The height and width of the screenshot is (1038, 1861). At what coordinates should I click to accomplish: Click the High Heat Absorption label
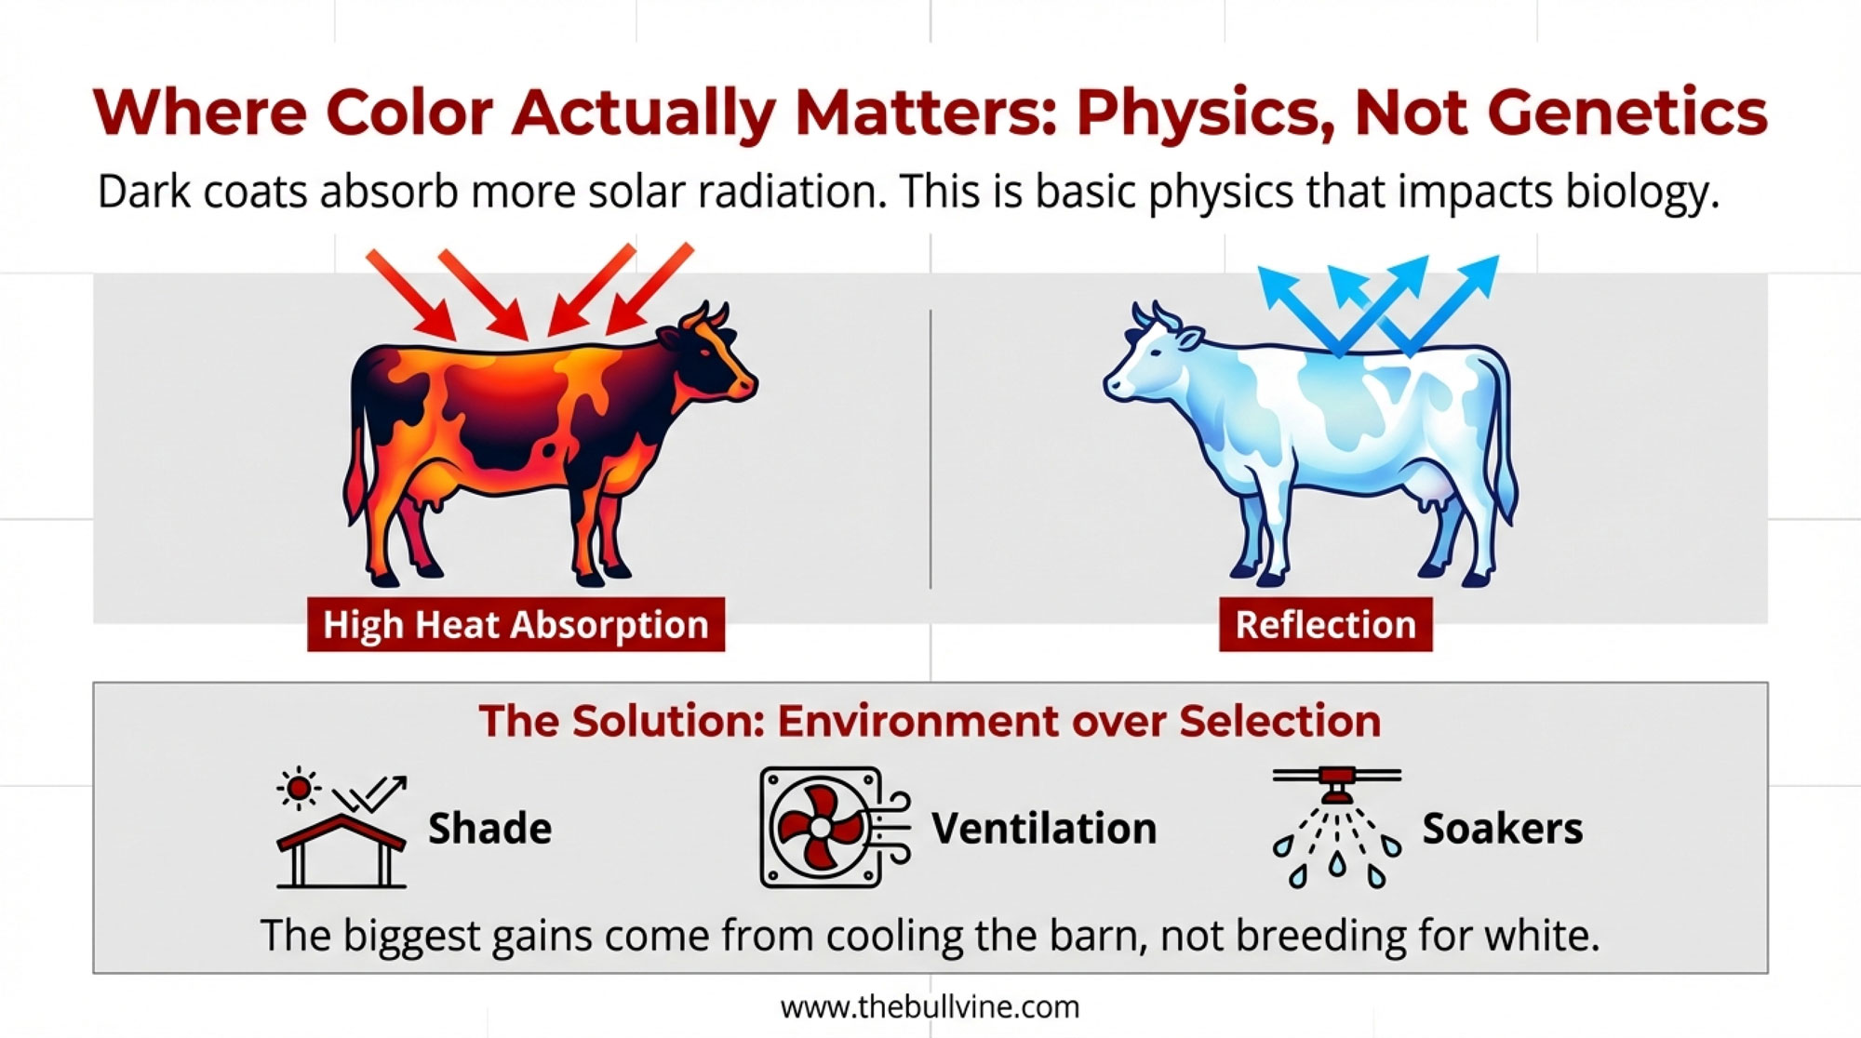click(515, 624)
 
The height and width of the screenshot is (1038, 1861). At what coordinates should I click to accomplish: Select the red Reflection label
click(1325, 624)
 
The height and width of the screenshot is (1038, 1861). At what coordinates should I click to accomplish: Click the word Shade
click(489, 828)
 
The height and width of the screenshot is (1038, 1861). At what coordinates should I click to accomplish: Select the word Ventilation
click(1044, 828)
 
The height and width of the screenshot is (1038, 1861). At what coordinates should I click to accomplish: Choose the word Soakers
click(1502, 828)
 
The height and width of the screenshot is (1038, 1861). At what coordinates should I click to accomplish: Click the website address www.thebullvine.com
click(930, 1007)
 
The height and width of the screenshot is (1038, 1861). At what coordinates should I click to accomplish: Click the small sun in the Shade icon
click(299, 789)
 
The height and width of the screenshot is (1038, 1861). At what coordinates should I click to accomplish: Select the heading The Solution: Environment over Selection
click(930, 721)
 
